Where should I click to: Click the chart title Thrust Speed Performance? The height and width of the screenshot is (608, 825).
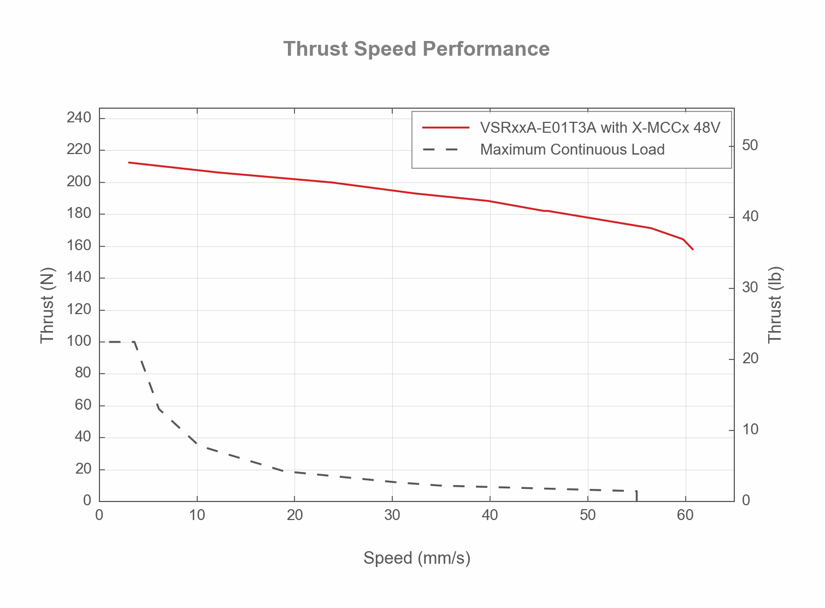[x=416, y=49]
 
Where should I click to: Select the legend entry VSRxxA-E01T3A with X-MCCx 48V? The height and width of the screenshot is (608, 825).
[x=600, y=128]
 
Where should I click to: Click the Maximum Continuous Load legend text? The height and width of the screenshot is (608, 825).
[x=572, y=150]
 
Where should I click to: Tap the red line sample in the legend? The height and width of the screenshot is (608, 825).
[x=445, y=128]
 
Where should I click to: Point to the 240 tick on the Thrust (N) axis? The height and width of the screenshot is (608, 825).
[x=79, y=118]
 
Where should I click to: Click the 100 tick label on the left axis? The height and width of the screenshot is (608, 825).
[x=79, y=341]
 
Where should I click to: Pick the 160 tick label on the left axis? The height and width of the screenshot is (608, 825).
[x=79, y=246]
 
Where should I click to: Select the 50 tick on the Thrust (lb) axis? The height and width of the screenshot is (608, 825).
[x=750, y=145]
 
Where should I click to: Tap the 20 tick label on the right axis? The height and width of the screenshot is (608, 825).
[x=750, y=358]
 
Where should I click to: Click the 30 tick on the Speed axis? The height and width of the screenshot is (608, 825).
[x=392, y=515]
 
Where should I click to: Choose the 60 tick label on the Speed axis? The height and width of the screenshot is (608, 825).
[x=685, y=515]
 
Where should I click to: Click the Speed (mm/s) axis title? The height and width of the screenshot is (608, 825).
[x=416, y=558]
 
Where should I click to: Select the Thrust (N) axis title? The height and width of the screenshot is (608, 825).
[x=48, y=305]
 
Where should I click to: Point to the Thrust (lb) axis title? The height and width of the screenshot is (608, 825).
[x=775, y=305]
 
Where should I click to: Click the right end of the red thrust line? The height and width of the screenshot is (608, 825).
[x=692, y=249]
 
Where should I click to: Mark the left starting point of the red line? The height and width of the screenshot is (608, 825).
[x=129, y=162]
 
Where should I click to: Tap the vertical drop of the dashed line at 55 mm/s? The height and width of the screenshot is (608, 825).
[x=637, y=496]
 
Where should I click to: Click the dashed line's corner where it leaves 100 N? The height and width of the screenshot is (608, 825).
[x=134, y=342]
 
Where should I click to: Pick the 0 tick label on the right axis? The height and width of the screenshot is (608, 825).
[x=746, y=500]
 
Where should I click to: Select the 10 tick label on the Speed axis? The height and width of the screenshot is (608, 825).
[x=197, y=515]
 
